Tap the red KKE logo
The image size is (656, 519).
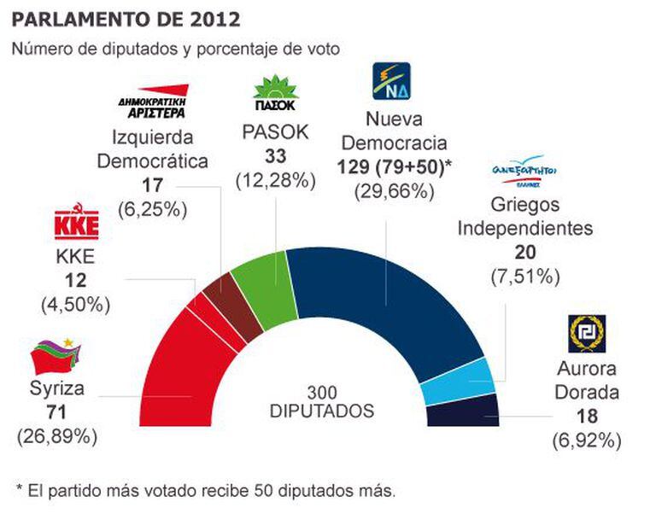point(76,224)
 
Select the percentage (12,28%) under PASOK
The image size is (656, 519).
point(276,181)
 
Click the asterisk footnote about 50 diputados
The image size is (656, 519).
point(206,490)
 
